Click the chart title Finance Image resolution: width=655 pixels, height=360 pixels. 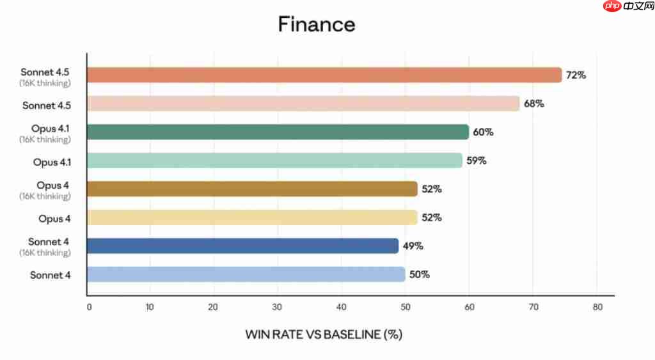[x=317, y=24]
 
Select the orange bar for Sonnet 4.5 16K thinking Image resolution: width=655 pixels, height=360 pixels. [x=324, y=75]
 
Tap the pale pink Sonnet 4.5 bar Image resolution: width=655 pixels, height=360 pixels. [x=303, y=104]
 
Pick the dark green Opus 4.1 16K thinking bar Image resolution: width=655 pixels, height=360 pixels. [x=278, y=132]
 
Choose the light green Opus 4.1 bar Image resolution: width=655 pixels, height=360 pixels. [x=274, y=160]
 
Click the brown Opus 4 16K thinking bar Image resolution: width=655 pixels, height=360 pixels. [x=252, y=189]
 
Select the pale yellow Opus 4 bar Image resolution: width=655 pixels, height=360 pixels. [x=252, y=217]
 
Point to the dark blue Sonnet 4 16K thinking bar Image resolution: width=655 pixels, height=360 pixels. [x=242, y=246]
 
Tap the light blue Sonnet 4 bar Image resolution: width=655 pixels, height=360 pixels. [x=246, y=274]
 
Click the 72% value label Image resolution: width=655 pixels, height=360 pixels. [x=576, y=75]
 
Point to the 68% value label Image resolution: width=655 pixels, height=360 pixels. [x=533, y=104]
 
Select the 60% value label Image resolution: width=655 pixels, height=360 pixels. [x=483, y=132]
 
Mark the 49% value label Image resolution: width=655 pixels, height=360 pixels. [x=413, y=246]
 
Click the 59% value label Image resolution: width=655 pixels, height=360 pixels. [x=476, y=160]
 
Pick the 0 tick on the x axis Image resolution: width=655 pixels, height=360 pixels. [x=89, y=307]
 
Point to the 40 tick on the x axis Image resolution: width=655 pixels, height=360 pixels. [x=341, y=307]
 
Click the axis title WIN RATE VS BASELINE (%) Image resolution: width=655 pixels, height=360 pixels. [x=324, y=334]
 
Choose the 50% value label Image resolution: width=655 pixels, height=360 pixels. [x=419, y=274]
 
